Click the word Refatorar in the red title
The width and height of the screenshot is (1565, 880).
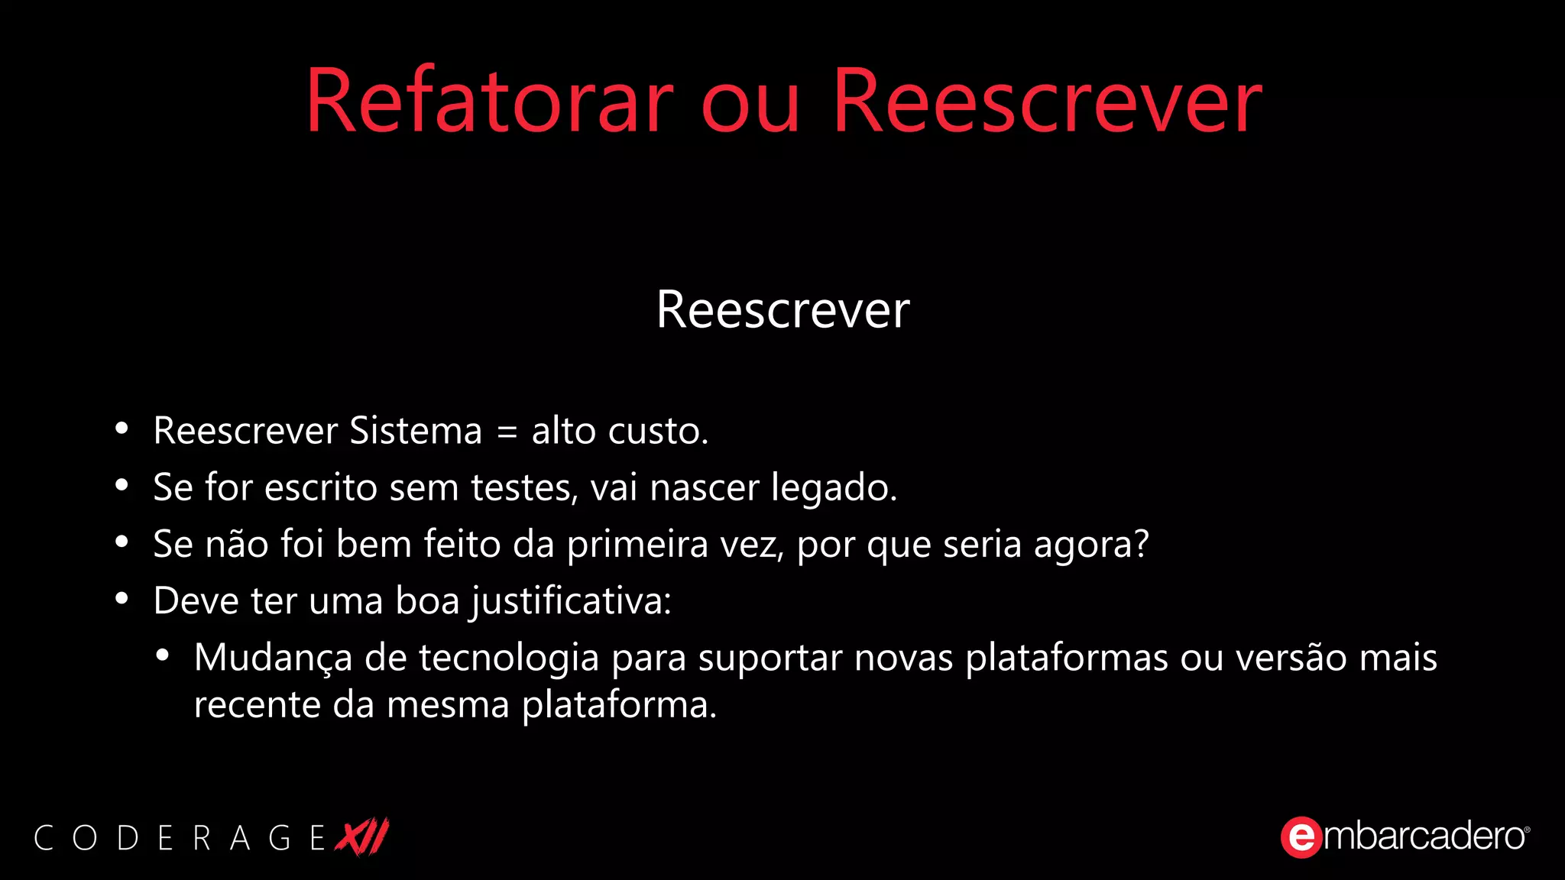pyautogui.click(x=489, y=102)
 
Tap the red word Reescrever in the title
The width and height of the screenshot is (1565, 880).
pyautogui.click(x=1047, y=102)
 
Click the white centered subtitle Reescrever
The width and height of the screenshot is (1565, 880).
pyautogui.click(x=782, y=310)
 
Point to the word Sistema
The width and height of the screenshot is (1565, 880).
pyautogui.click(x=416, y=431)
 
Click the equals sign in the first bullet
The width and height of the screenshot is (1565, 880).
pyautogui.click(x=507, y=432)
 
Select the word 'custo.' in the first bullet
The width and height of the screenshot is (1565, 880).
pyautogui.click(x=658, y=432)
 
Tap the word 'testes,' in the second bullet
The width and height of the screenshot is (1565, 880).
pyautogui.click(x=524, y=488)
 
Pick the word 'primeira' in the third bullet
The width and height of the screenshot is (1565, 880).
pyautogui.click(x=637, y=545)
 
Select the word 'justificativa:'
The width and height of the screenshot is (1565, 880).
pyautogui.click(x=571, y=601)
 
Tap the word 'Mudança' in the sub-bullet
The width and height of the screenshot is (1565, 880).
pyautogui.click(x=273, y=658)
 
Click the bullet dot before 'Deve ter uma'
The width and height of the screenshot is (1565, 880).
pyautogui.click(x=122, y=599)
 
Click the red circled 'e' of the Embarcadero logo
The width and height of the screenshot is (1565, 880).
pyautogui.click(x=1301, y=837)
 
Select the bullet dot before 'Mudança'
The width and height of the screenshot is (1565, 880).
pyautogui.click(x=162, y=656)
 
